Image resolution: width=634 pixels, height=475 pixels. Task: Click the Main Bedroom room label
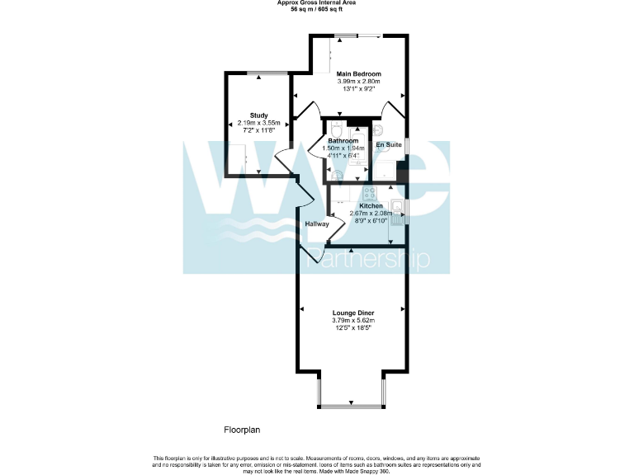pyautogui.click(x=358, y=74)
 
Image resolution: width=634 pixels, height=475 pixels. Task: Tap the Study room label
pyautogui.click(x=259, y=115)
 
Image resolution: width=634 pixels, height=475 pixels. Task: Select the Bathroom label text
pyautogui.click(x=343, y=141)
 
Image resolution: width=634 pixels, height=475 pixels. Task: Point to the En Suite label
pyautogui.click(x=389, y=145)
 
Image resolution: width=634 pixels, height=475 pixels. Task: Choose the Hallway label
pyautogui.click(x=317, y=223)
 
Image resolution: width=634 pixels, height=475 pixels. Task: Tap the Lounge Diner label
pyautogui.click(x=352, y=313)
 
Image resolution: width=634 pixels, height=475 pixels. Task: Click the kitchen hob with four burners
pyautogui.click(x=370, y=194)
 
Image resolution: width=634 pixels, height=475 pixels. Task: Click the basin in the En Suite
pyautogui.click(x=377, y=130)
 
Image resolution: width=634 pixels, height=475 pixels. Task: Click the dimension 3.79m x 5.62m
pyautogui.click(x=352, y=320)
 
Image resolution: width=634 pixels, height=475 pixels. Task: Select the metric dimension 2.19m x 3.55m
pyautogui.click(x=259, y=123)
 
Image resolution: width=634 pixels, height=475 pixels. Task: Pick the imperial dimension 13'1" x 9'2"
pyautogui.click(x=358, y=89)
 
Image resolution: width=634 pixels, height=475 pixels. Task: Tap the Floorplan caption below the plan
pyautogui.click(x=243, y=430)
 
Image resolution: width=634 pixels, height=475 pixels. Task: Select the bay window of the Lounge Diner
pyautogui.click(x=351, y=405)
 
